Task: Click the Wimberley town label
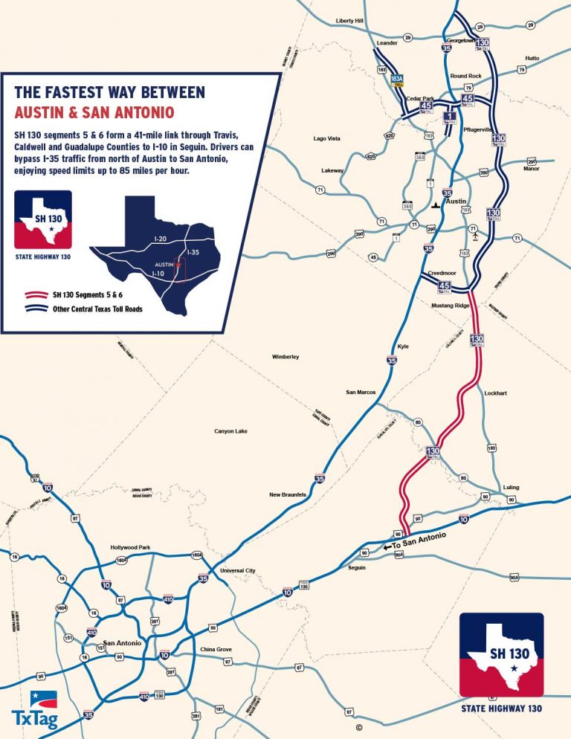285,358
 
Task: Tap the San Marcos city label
361,392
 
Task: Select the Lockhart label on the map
495,393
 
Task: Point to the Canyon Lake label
230,431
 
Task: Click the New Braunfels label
288,494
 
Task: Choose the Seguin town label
356,567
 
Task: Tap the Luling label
511,487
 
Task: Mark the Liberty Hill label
349,20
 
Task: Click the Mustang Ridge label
451,306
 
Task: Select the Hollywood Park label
130,547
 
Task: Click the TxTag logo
33,710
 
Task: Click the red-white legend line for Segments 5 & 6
31,295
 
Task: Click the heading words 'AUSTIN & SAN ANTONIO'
94,112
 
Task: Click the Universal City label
238,571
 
